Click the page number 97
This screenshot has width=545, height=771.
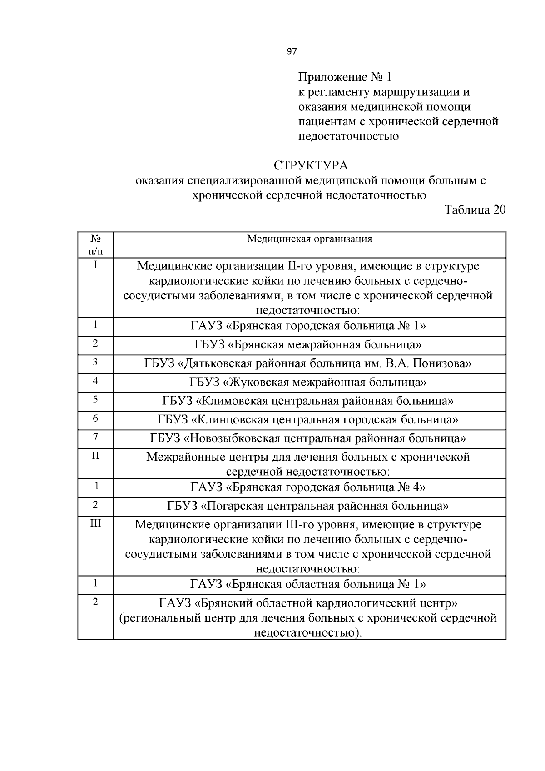point(292,52)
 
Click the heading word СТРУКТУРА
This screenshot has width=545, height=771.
point(311,165)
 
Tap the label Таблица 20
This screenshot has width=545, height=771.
point(475,210)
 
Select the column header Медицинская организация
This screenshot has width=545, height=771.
point(309,239)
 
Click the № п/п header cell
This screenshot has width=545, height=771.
point(95,244)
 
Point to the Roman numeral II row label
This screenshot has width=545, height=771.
point(95,455)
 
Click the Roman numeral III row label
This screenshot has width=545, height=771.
point(95,523)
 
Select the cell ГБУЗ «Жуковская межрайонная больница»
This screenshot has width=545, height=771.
point(308,383)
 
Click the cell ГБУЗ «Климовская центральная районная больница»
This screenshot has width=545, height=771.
point(308,402)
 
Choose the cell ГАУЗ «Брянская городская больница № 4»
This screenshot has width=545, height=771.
point(308,488)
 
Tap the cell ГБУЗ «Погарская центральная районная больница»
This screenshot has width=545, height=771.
point(308,507)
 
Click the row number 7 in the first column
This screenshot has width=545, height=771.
point(95,437)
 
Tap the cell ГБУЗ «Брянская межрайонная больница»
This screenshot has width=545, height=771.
point(308,345)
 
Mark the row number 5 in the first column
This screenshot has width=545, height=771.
point(95,399)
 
